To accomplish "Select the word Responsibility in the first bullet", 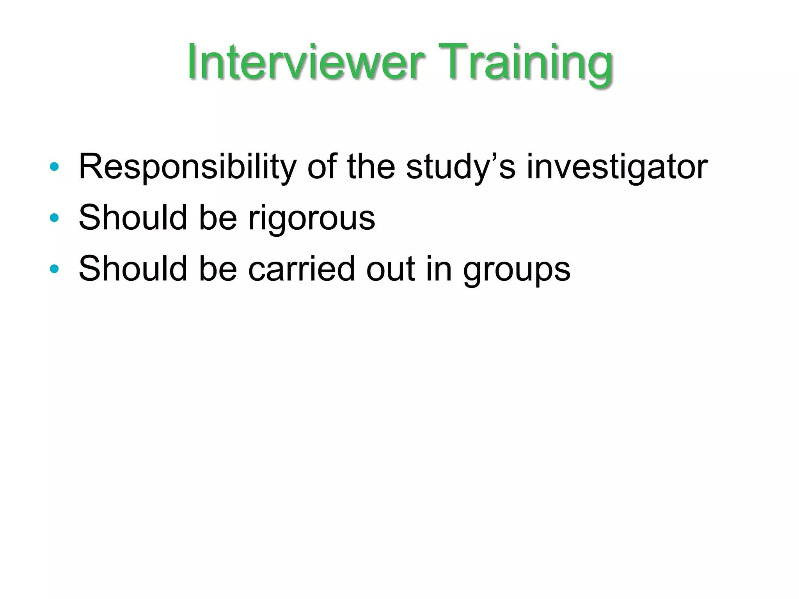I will point(188,167).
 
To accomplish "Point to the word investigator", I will point(617,167).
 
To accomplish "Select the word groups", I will point(517,270).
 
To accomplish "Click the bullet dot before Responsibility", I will point(54,167).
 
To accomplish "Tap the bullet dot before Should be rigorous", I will point(54,218).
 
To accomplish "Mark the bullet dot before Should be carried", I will point(54,268).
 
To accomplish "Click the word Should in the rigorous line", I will point(133,217).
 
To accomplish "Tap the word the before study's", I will point(371,167).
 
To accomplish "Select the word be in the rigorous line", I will point(218,217).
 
